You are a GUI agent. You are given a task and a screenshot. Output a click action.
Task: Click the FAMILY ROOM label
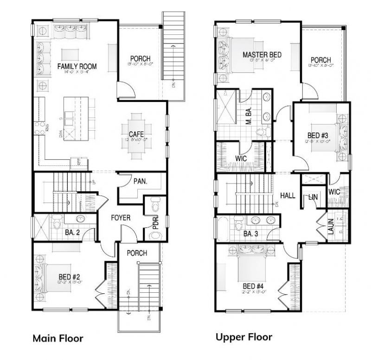tap(77, 67)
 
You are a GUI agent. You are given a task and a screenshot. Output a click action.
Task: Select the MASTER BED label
tap(262, 55)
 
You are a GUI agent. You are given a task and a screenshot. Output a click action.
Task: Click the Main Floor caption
tap(58, 338)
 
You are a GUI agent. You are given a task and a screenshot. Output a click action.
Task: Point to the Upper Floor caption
tap(243, 337)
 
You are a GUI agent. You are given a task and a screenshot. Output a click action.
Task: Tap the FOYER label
tap(120, 217)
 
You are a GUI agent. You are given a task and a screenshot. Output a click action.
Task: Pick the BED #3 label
tap(318, 135)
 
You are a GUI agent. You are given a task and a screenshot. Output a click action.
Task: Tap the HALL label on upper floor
tap(288, 196)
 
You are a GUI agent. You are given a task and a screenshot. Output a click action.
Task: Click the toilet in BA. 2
tap(56, 224)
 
